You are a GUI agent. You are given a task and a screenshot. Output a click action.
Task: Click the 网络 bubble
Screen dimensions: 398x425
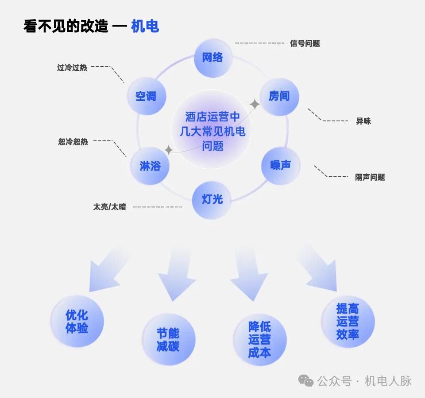(x=213, y=58)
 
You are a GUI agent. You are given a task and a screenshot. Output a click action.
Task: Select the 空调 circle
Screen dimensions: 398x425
(x=146, y=96)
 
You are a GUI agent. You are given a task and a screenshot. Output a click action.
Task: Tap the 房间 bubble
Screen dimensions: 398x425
(x=279, y=96)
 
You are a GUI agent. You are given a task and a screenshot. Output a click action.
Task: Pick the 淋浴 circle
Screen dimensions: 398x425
(x=150, y=166)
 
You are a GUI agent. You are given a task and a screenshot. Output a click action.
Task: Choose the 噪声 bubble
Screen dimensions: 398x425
(x=281, y=165)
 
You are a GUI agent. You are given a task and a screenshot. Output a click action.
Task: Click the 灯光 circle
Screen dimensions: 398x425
(x=212, y=200)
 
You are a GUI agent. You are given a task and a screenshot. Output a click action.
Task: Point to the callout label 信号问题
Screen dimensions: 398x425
(x=305, y=43)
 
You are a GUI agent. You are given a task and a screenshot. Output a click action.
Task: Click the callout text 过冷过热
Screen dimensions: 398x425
(x=72, y=68)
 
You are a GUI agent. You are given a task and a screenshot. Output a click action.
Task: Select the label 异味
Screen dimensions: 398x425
(x=363, y=121)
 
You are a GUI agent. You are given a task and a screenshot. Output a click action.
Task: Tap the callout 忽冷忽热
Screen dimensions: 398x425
(x=73, y=142)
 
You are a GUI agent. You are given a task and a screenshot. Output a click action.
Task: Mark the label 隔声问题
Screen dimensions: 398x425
(x=370, y=178)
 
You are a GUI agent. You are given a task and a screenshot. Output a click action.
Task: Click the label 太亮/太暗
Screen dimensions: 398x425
(x=109, y=206)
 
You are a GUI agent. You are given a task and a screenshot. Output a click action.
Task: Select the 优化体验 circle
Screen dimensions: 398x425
(x=77, y=322)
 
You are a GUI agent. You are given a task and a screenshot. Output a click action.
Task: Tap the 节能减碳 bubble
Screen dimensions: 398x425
(x=169, y=339)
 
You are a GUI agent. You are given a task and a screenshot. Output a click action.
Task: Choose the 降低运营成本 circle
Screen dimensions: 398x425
(x=260, y=339)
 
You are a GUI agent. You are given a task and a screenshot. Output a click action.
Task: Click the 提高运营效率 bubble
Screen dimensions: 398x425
(x=348, y=321)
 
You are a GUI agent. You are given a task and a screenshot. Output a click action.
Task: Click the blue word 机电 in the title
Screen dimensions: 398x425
(x=145, y=27)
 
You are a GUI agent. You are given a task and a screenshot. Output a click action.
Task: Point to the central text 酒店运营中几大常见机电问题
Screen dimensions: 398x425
(x=212, y=131)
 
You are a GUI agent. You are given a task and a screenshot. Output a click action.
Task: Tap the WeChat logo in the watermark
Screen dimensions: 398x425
(x=306, y=381)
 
